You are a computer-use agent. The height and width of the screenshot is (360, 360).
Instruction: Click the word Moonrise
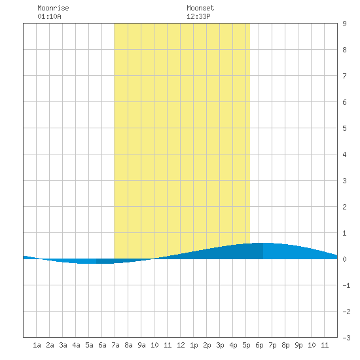pyautogui.click(x=53, y=8)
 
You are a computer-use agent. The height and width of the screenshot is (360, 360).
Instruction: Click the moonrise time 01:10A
pyautogui.click(x=49, y=16)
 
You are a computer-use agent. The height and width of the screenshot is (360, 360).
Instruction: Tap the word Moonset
pyautogui.click(x=200, y=8)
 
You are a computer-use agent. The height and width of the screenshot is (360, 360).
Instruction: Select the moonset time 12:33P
pyautogui.click(x=198, y=16)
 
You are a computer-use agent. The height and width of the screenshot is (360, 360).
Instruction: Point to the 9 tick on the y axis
pyautogui.click(x=344, y=24)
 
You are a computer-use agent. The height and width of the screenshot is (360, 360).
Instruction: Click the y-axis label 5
pyautogui.click(x=344, y=128)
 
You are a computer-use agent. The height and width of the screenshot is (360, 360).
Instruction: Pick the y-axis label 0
pyautogui.click(x=344, y=259)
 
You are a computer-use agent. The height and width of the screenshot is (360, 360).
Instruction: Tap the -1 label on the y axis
pyautogui.click(x=346, y=285)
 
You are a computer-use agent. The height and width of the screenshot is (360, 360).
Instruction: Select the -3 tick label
pyautogui.click(x=346, y=338)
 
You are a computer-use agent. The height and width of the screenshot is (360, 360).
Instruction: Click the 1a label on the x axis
pyautogui.click(x=37, y=345)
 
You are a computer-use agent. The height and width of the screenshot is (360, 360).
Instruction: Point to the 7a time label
pyautogui.click(x=115, y=345)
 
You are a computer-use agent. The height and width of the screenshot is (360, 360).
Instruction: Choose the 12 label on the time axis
pyautogui.click(x=181, y=345)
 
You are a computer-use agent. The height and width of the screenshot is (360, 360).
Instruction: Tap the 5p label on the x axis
pyautogui.click(x=246, y=345)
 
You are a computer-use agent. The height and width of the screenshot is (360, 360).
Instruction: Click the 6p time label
pyautogui.click(x=259, y=345)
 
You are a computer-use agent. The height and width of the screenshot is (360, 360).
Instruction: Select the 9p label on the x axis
pyautogui.click(x=298, y=345)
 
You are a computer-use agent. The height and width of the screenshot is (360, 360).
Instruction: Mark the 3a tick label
pyautogui.click(x=63, y=345)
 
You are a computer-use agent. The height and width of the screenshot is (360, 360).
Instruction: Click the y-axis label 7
pyautogui.click(x=344, y=76)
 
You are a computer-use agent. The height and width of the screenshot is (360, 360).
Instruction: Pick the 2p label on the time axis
pyautogui.click(x=207, y=345)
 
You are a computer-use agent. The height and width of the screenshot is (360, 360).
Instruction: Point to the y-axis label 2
pyautogui.click(x=344, y=207)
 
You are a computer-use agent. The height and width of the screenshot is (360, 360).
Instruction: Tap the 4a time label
pyautogui.click(x=76, y=345)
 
